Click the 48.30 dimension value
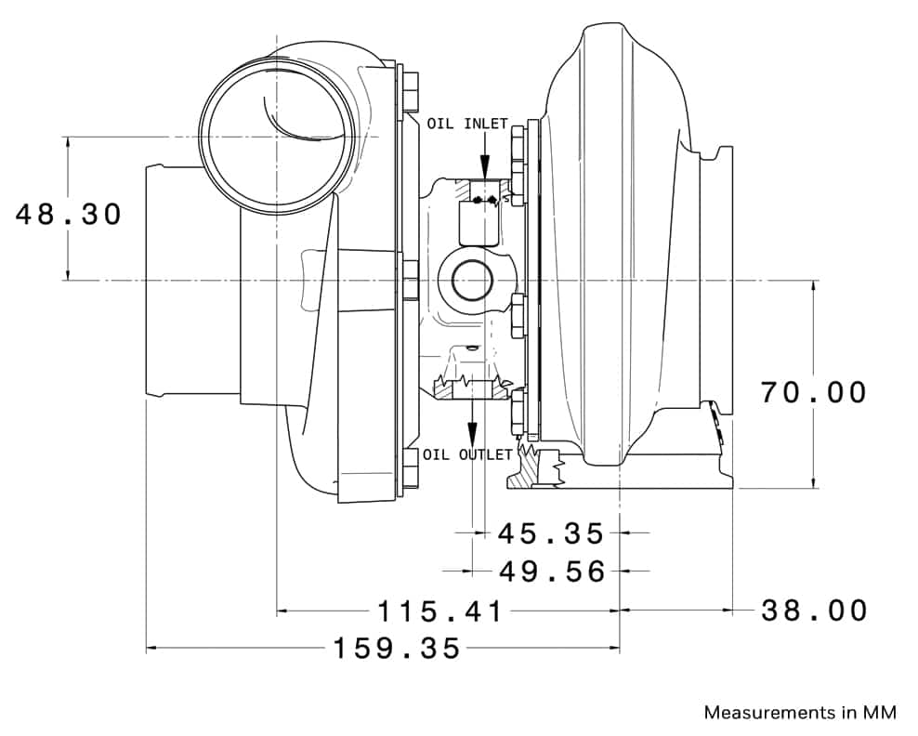69,215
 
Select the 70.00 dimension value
814,392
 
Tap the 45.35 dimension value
551,533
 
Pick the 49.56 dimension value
552,571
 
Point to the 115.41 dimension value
440,611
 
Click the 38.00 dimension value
814,611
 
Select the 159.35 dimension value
398,648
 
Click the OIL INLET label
467,124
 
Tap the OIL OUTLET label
467,454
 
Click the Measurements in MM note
800,713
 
